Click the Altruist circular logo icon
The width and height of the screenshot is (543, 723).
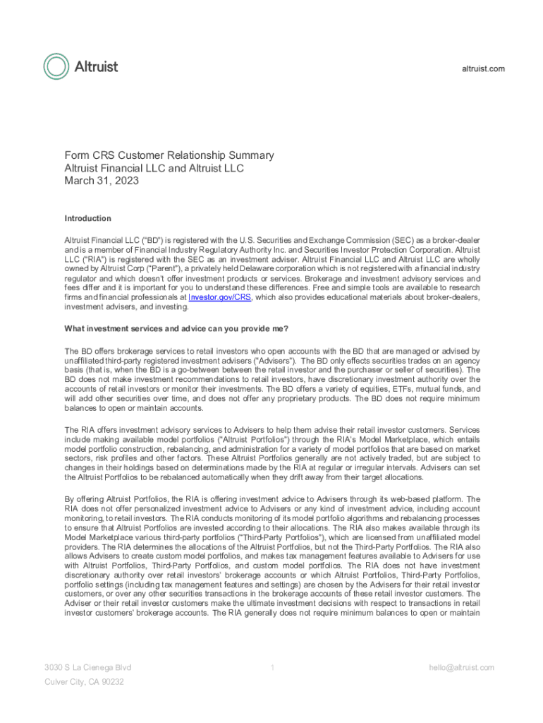(56, 66)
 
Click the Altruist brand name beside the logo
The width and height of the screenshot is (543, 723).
(96, 67)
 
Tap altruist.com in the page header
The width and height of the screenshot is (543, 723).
(483, 68)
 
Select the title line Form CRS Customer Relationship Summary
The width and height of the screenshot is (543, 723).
(169, 155)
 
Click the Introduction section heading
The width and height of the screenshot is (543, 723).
(88, 219)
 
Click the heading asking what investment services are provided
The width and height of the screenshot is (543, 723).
(176, 329)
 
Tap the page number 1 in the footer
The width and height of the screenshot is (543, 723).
(272, 667)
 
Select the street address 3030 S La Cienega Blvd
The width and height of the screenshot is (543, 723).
(87, 667)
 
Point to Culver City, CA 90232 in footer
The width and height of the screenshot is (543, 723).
(84, 682)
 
